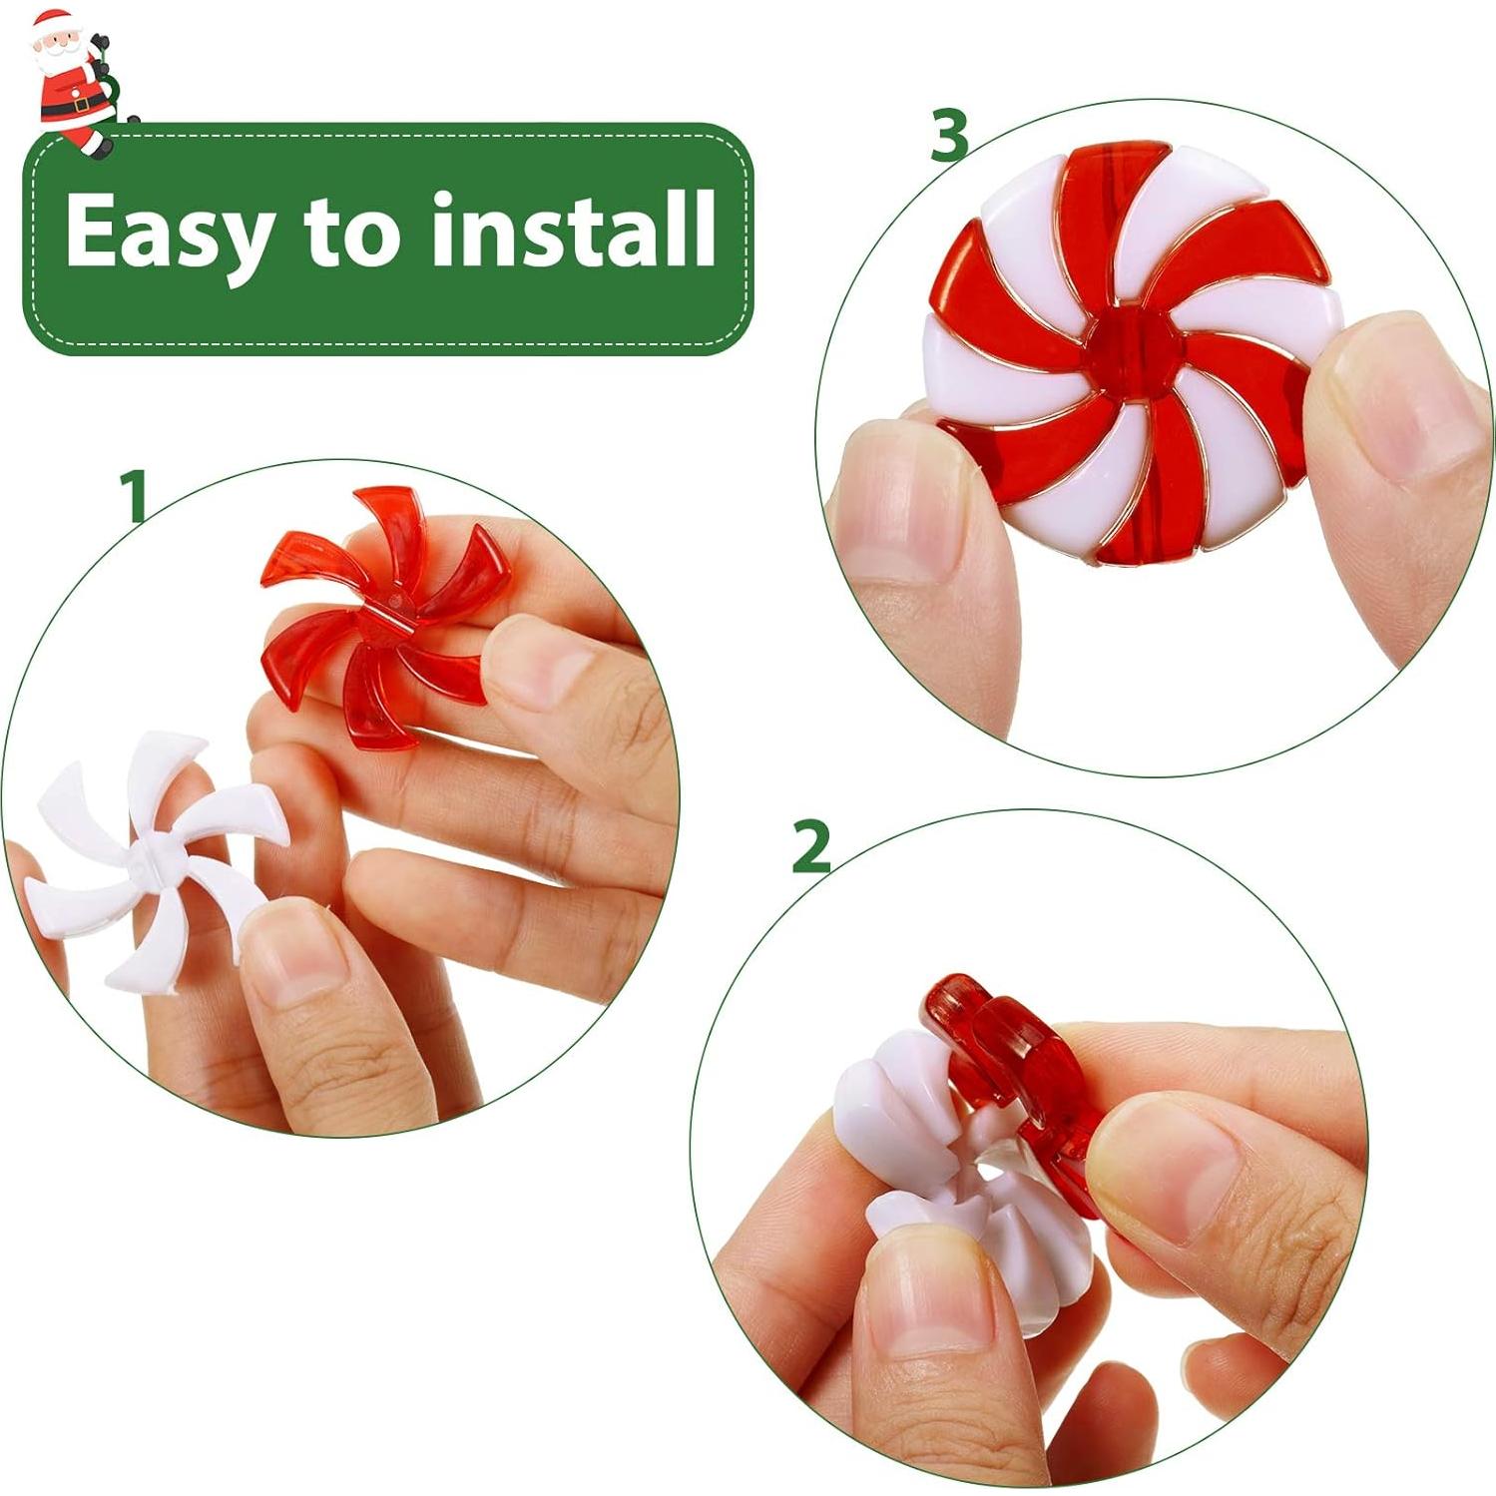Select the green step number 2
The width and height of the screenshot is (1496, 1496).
click(x=810, y=847)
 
